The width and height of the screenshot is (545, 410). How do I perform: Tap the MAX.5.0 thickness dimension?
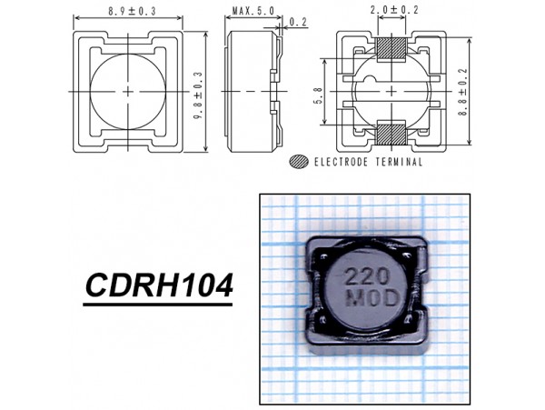[253, 12]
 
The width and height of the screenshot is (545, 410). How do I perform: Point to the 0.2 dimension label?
[297, 23]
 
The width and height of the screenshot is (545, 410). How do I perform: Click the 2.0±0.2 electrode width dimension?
[391, 11]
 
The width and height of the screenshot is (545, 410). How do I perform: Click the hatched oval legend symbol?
[297, 162]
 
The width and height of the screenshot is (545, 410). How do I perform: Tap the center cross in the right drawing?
[391, 92]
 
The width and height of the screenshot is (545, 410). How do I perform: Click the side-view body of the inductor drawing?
[250, 92]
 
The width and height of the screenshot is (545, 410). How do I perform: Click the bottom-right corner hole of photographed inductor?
[416, 321]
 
